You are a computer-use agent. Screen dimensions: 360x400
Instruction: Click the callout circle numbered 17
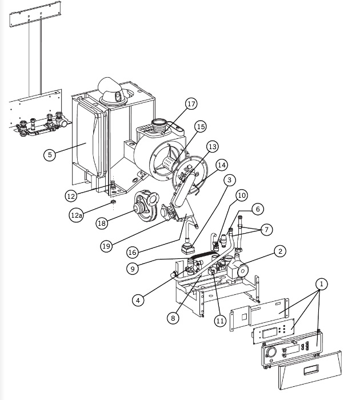pyautogui.click(x=191, y=104)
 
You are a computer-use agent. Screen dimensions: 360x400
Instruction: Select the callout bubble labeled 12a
pyautogui.click(x=76, y=215)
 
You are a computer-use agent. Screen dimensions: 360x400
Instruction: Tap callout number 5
pyautogui.click(x=50, y=155)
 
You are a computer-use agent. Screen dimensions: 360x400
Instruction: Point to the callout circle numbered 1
pyautogui.click(x=322, y=284)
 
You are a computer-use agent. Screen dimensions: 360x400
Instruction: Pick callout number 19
pyautogui.click(x=106, y=246)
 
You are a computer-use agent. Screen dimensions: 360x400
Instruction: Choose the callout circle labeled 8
pyautogui.click(x=173, y=318)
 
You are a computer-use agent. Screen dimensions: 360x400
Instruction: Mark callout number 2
pyautogui.click(x=280, y=251)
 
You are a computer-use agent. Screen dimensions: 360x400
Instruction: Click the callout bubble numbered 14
pyautogui.click(x=222, y=165)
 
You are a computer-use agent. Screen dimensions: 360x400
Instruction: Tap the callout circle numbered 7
pyautogui.click(x=267, y=230)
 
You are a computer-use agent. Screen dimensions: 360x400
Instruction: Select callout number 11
pyautogui.click(x=220, y=321)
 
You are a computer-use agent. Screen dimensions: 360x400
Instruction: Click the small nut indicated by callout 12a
pyautogui.click(x=114, y=202)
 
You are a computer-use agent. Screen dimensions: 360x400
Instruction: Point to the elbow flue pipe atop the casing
pyautogui.click(x=111, y=90)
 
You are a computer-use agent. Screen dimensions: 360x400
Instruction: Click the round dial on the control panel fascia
pyautogui.click(x=270, y=353)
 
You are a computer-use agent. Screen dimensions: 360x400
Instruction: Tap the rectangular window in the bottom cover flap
pyautogui.click(x=311, y=370)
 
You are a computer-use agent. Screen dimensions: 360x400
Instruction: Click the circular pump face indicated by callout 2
pyautogui.click(x=243, y=271)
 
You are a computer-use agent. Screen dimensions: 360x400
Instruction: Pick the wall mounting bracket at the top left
pyautogui.click(x=35, y=14)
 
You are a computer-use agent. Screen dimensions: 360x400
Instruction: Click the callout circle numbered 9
pyautogui.click(x=133, y=269)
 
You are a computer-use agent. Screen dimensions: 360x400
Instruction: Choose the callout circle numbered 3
pyautogui.click(x=229, y=180)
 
